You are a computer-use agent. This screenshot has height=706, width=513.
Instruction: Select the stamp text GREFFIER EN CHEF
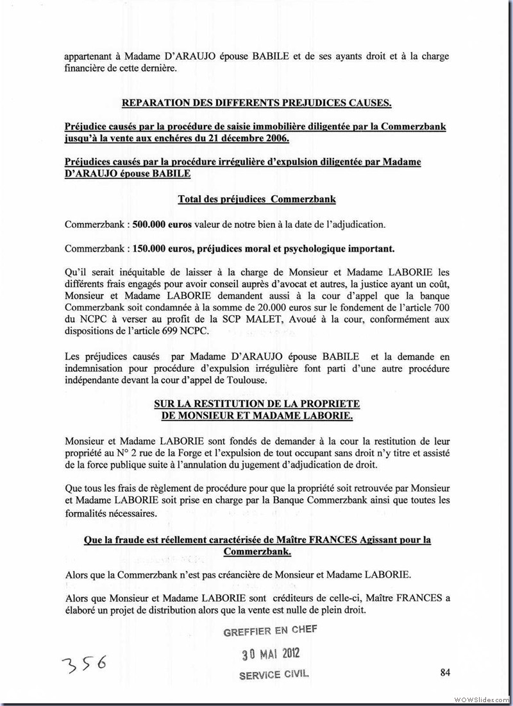tap(270, 632)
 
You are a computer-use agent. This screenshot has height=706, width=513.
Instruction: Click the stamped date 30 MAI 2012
tap(270, 654)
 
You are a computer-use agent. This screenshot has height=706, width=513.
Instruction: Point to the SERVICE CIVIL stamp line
tap(274, 675)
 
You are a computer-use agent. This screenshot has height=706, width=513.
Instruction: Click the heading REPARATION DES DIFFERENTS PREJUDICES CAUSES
tap(256, 103)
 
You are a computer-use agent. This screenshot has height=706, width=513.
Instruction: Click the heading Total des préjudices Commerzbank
tap(256, 200)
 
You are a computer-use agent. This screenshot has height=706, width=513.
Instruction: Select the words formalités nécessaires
tap(110, 513)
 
